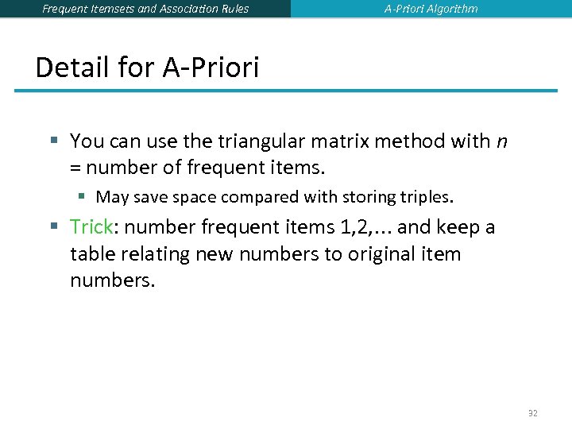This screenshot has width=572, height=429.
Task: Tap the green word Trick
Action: pos(91,227)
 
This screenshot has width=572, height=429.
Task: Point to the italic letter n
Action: pos(500,142)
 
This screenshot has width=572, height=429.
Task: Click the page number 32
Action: pos(532,412)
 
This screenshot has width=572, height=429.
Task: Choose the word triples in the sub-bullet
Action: pos(428,196)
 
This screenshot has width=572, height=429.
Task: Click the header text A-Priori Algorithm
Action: pos(431,9)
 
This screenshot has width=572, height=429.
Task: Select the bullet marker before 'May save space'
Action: pos(82,196)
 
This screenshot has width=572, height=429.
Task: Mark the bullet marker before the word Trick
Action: pos(53,227)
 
